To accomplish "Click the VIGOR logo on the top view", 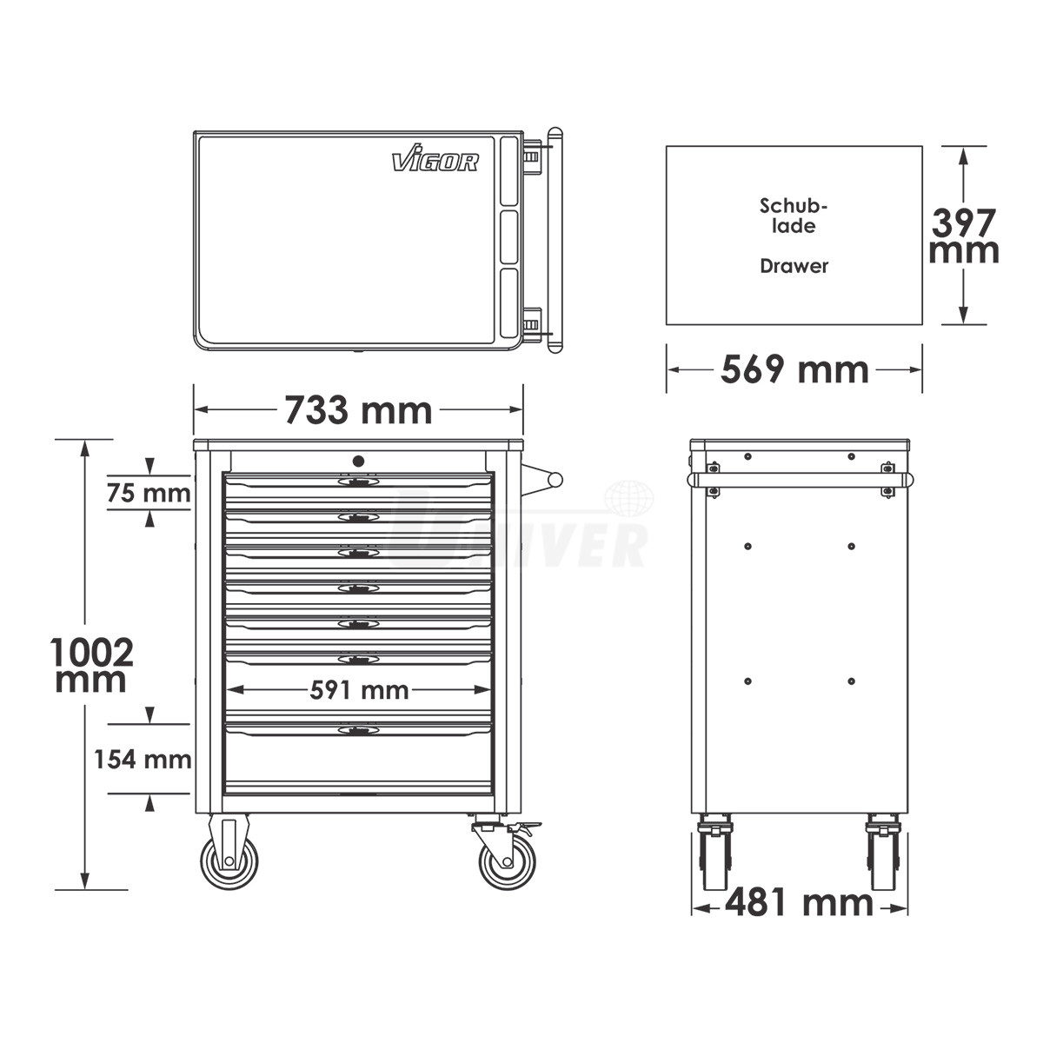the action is (x=435, y=158).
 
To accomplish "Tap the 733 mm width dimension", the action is (x=358, y=410).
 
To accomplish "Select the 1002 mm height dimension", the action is (x=91, y=665).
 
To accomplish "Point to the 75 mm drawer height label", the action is (x=149, y=493).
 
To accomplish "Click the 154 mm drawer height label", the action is (x=143, y=760).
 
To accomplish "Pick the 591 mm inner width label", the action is (x=359, y=690).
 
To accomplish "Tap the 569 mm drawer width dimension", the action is (x=794, y=370).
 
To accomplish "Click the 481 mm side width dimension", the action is (x=799, y=903).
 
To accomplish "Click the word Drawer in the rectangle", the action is (x=794, y=266).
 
